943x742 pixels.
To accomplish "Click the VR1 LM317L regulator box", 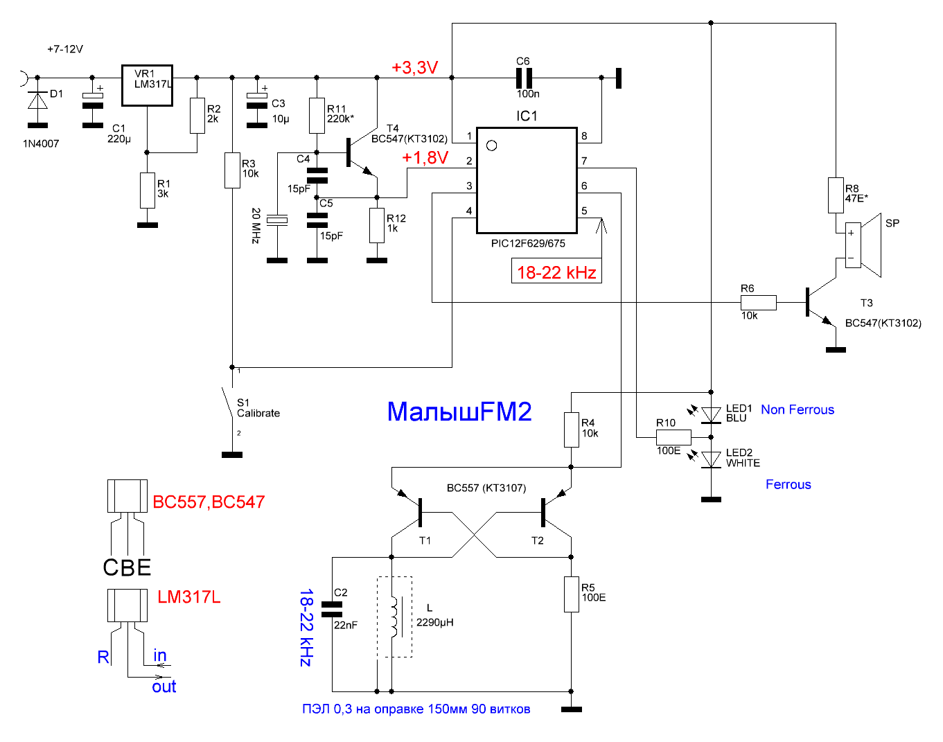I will [x=147, y=86].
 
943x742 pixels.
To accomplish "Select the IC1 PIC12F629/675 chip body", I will [x=527, y=180].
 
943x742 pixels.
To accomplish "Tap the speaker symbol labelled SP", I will [x=862, y=245].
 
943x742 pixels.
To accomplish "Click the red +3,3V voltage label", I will [x=414, y=68].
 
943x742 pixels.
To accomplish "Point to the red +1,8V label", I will [x=425, y=158].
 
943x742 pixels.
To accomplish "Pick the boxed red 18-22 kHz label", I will [x=556, y=272].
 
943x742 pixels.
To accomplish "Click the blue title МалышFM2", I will [x=459, y=412].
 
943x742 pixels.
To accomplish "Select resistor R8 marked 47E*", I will [x=836, y=195].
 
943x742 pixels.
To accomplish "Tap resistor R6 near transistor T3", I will [x=759, y=302].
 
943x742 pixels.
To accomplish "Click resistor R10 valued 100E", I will [x=673, y=437].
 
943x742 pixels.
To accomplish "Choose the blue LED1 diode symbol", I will [x=711, y=415].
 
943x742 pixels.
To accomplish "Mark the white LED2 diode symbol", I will [x=711, y=459].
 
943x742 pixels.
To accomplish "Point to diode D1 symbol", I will [x=37, y=101].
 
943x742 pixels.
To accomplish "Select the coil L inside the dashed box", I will [x=394, y=617].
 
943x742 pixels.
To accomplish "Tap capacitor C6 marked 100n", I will [x=525, y=78].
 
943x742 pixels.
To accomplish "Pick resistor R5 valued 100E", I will [x=571, y=594].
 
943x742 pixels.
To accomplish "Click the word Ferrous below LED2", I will [x=788, y=484].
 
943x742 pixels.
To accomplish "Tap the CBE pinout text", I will [x=127, y=568].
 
